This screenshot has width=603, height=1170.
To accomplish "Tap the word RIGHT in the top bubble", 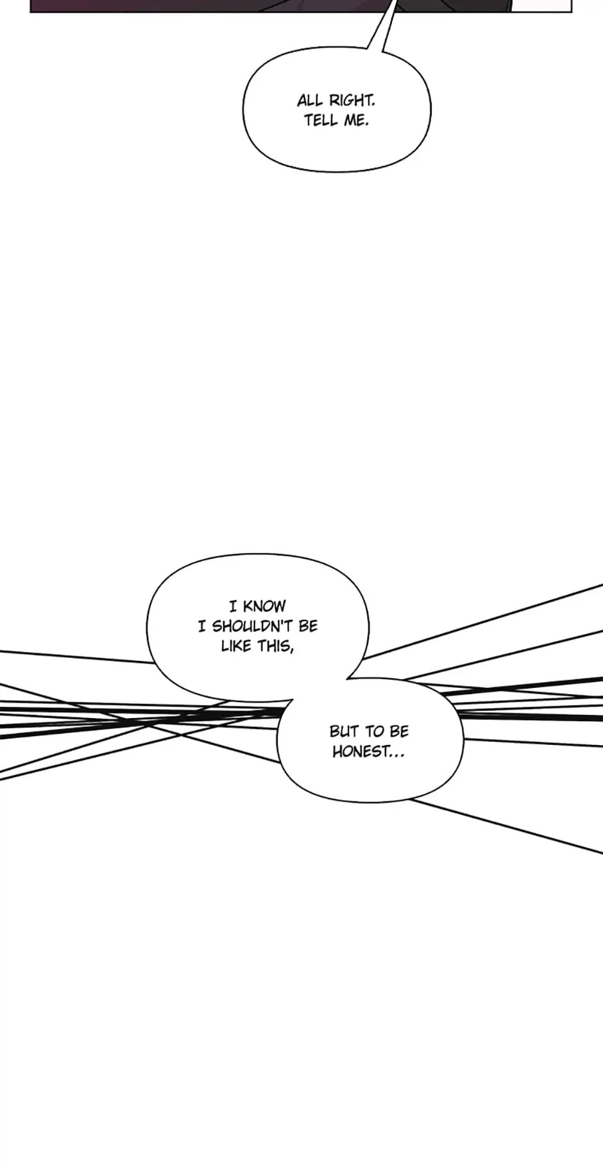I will tap(350, 101).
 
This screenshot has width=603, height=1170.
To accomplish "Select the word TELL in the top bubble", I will tap(320, 121).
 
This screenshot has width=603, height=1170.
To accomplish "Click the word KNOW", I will tap(264, 606).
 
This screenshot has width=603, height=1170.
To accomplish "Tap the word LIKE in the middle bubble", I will tap(235, 646).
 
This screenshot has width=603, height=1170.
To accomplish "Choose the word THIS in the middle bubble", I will tap(274, 646).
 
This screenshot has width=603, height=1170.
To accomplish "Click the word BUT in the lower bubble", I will tap(343, 731).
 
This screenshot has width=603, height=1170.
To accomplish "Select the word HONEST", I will tap(360, 751).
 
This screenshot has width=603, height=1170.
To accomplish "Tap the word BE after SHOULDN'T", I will tap(308, 626).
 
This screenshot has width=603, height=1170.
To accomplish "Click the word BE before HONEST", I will tap(398, 731).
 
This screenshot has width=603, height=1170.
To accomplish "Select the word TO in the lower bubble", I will tap(374, 731).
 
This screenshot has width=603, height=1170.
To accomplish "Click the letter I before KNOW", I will tap(234, 606).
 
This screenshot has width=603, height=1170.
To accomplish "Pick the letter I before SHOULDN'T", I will tap(202, 626).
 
